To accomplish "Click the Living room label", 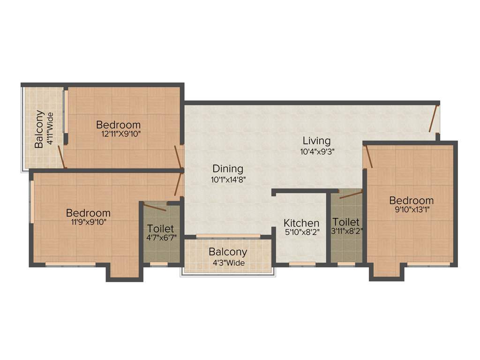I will click(316, 140).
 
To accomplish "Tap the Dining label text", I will click(228, 168).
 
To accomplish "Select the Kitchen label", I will click(301, 223).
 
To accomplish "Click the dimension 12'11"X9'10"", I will click(119, 134).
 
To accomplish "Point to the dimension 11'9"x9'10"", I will click(88, 222).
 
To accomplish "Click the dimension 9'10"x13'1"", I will click(412, 210).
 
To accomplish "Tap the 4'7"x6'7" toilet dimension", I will click(161, 238).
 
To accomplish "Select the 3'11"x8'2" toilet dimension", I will click(346, 231).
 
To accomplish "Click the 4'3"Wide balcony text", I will click(228, 262).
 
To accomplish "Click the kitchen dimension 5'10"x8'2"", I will click(301, 232).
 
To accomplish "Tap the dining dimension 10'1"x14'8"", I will click(228, 179).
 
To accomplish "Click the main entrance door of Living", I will click(434, 119).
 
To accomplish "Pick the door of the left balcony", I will click(61, 157).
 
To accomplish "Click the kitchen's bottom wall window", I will click(302, 264).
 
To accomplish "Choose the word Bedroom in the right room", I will click(412, 201).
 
